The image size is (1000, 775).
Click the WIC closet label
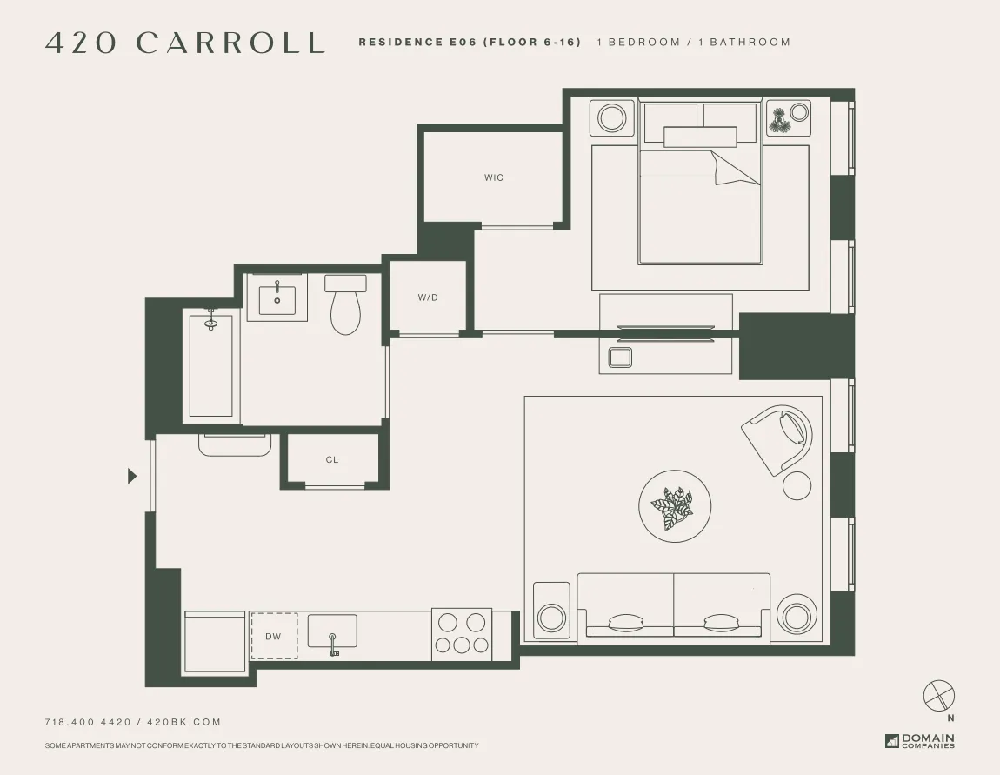coord(494,177)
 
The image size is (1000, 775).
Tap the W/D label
coord(428,297)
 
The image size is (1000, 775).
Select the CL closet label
coord(332,459)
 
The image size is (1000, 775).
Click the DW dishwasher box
coord(274,636)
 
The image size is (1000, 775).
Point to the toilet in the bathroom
coord(345,306)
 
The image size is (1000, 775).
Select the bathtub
coord(211,365)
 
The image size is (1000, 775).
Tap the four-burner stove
coord(462,634)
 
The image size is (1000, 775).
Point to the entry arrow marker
coord(132,476)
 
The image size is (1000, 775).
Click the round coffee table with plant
coord(676,508)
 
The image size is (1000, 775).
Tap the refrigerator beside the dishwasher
coord(215,641)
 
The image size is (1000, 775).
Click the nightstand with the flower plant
coord(789,118)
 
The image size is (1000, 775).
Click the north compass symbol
coord(938,695)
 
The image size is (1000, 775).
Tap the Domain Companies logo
coord(920,741)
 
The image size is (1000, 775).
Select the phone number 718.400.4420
coord(88,722)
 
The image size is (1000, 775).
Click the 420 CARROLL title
coord(184,43)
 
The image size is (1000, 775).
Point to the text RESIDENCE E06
coord(417,42)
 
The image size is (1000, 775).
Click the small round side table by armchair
coord(797,485)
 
